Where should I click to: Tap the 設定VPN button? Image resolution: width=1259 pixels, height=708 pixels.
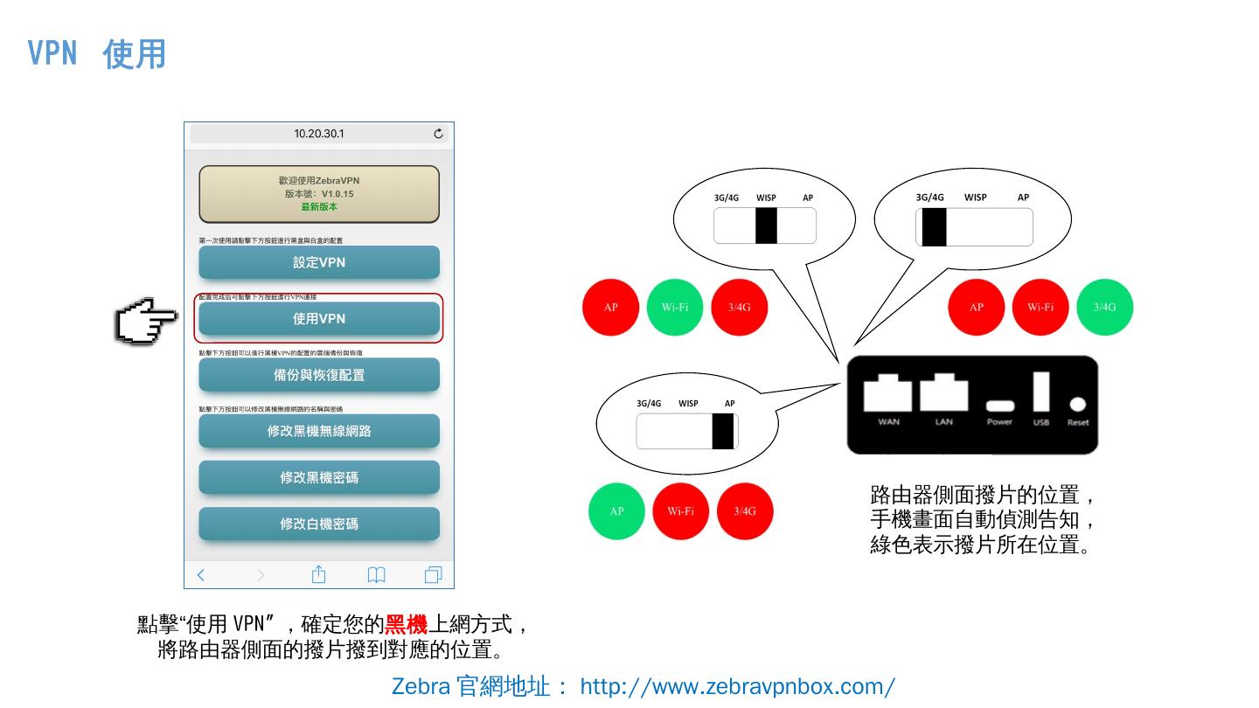pyautogui.click(x=319, y=262)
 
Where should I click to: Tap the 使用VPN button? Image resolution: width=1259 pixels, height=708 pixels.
pyautogui.click(x=319, y=319)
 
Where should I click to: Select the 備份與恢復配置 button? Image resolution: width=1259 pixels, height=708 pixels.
pyautogui.click(x=319, y=375)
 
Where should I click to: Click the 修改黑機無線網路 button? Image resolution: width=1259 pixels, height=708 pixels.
pyautogui.click(x=319, y=431)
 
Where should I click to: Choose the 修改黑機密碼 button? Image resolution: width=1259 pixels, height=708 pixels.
pyautogui.click(x=319, y=477)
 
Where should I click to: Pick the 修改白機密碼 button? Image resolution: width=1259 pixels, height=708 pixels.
pyautogui.click(x=319, y=524)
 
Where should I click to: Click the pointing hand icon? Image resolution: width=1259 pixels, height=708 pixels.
pyautogui.click(x=146, y=321)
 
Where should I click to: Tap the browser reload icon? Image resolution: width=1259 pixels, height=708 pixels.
pyautogui.click(x=438, y=134)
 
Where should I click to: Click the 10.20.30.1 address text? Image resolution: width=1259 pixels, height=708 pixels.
pyautogui.click(x=319, y=134)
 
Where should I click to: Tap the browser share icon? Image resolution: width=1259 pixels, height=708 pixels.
pyautogui.click(x=318, y=574)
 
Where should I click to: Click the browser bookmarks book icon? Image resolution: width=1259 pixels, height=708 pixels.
pyautogui.click(x=376, y=574)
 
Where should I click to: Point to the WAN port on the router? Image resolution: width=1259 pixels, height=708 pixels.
pyautogui.click(x=887, y=393)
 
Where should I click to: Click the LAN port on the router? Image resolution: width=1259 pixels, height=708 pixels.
pyautogui.click(x=943, y=393)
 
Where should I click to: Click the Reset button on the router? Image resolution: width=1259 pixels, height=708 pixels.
pyautogui.click(x=1078, y=405)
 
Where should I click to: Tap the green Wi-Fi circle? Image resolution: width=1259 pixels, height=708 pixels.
pyautogui.click(x=675, y=307)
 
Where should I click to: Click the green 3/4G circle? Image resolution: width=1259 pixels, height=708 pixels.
pyautogui.click(x=1104, y=307)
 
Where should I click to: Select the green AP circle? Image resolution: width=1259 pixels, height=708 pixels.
pyautogui.click(x=616, y=511)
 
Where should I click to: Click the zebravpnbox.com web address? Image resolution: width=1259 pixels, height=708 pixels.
pyautogui.click(x=737, y=686)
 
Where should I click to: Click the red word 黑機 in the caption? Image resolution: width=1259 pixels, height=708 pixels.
pyautogui.click(x=406, y=625)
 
